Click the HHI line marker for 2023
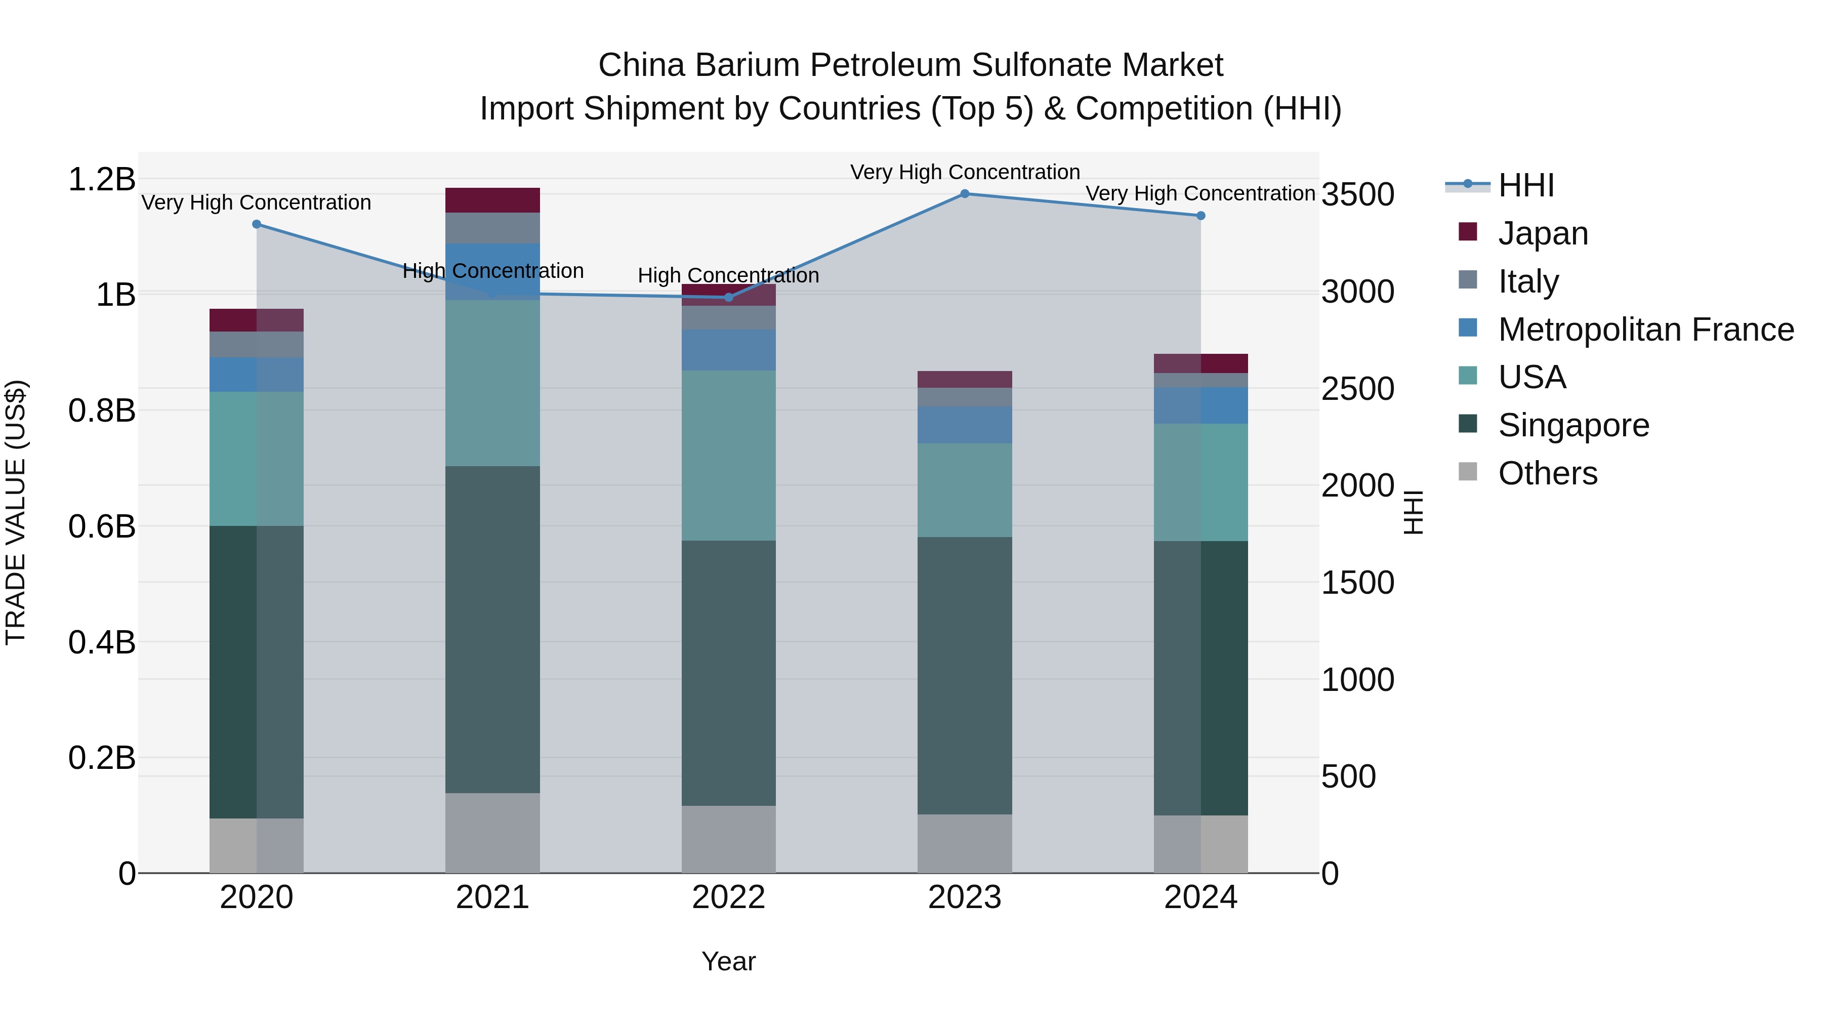coord(964,193)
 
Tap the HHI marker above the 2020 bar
coord(256,224)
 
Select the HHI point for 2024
coord(1200,216)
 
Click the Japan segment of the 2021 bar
coord(492,199)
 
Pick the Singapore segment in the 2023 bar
coord(964,676)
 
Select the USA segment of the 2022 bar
coord(728,456)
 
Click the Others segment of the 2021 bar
coord(492,833)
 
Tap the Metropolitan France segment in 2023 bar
coord(964,425)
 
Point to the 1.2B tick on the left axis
coord(102,179)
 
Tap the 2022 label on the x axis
coord(728,897)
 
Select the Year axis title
coord(728,961)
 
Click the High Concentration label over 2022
coord(728,275)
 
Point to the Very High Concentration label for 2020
coord(256,202)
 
